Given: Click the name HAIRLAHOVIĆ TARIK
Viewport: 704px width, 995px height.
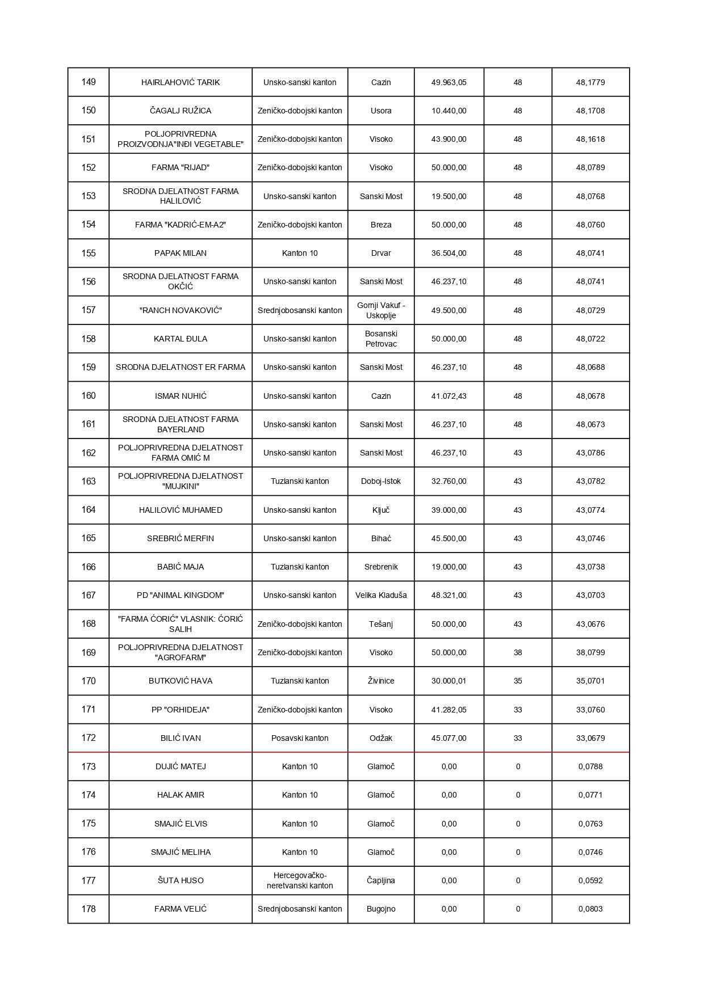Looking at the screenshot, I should [181, 82].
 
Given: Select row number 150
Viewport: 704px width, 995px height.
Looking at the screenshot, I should [89, 111].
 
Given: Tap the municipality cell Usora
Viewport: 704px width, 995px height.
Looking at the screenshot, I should [381, 111].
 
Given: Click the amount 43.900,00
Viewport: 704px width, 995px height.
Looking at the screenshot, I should [449, 139].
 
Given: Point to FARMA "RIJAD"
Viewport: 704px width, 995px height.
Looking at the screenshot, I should [181, 167].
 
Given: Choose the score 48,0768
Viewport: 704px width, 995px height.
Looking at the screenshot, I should [590, 196].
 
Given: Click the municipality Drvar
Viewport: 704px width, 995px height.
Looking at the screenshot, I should [381, 253].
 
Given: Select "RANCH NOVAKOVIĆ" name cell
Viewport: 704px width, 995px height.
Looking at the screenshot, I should [181, 310].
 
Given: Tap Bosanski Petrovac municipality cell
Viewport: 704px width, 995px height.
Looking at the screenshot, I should [381, 339].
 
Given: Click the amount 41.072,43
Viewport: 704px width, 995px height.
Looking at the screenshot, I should [449, 396].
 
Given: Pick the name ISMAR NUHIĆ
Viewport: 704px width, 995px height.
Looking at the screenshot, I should [181, 396].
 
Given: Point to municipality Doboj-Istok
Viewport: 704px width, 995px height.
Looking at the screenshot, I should [381, 481].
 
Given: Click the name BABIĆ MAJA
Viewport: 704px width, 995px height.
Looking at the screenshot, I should [181, 567].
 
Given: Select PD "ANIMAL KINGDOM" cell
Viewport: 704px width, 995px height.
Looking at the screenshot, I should [181, 595].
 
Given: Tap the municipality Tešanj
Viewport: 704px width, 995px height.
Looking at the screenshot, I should [381, 624].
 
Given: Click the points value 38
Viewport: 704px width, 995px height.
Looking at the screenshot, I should [518, 652].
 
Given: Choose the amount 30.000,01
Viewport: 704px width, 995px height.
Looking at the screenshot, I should [449, 681].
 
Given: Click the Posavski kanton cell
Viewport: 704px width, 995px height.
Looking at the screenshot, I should [300, 738].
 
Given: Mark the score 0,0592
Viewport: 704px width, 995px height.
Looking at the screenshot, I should [590, 880].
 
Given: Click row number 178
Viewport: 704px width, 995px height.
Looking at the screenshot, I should [89, 909].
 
